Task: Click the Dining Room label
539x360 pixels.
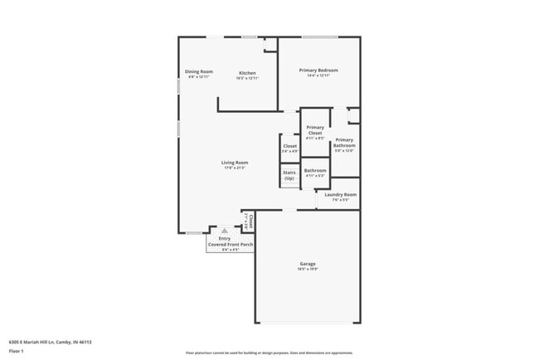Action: pos(199,72)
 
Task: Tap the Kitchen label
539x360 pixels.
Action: pos(247,73)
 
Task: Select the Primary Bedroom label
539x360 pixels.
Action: pos(318,71)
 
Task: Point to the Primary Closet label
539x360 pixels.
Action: pos(315,129)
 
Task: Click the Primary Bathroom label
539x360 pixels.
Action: pos(344,143)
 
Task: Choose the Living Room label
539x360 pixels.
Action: pos(235,162)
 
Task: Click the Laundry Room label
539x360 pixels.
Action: pos(341,195)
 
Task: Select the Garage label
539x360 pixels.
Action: pos(308,264)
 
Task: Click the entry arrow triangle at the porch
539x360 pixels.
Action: pos(223,231)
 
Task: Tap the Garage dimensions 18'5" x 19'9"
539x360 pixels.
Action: pos(308,270)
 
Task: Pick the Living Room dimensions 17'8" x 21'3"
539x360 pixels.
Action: pos(235,168)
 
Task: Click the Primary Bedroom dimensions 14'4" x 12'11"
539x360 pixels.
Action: pos(318,76)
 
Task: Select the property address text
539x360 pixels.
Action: pos(50,342)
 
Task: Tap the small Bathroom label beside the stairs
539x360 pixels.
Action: pos(315,170)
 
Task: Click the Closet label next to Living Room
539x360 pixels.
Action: pos(289,146)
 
